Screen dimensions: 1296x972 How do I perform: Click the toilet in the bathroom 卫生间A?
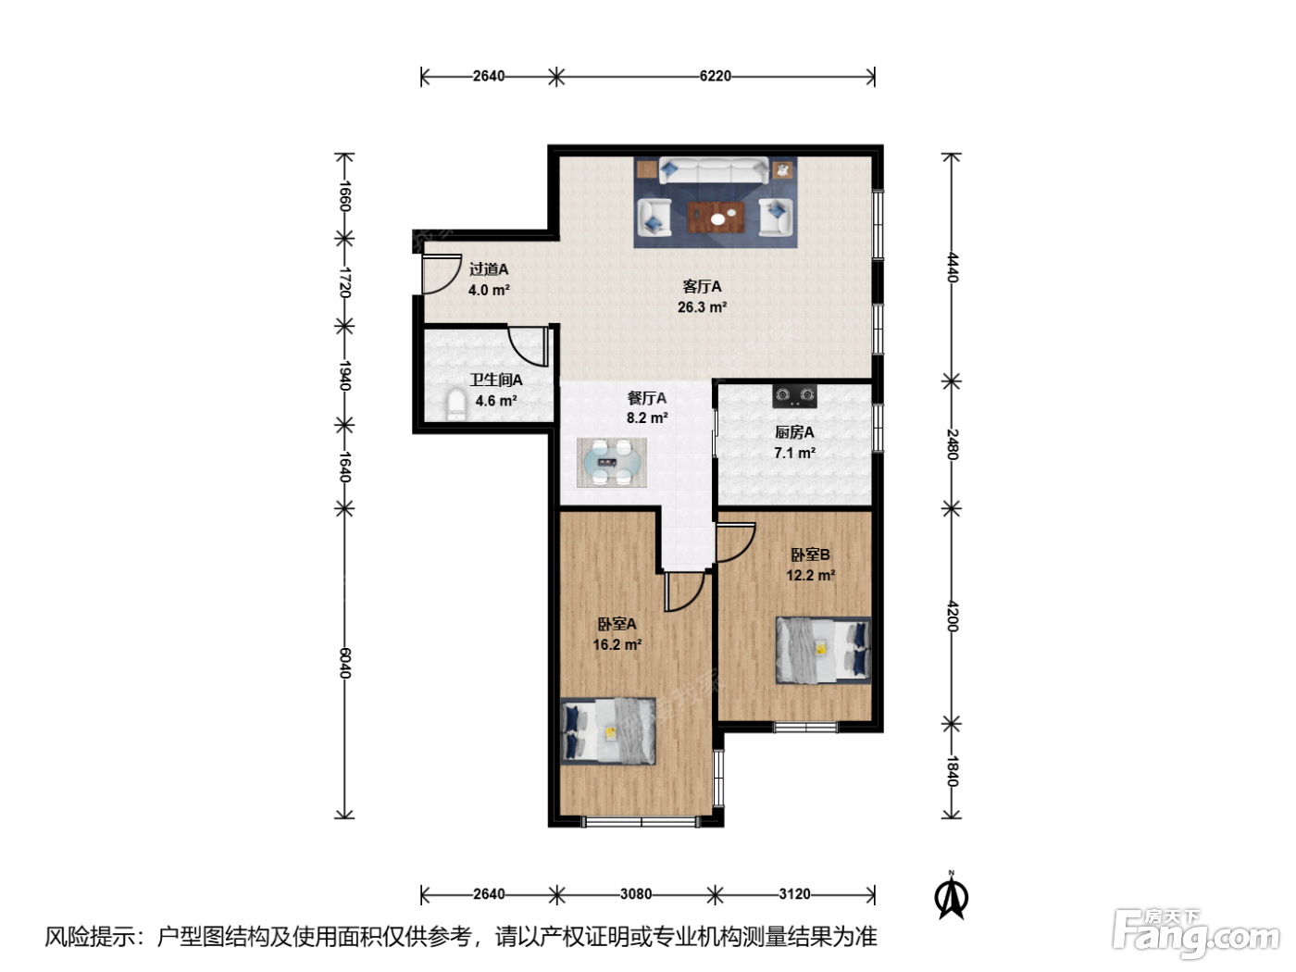click(x=455, y=404)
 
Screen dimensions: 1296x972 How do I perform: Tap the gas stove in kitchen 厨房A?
click(x=794, y=395)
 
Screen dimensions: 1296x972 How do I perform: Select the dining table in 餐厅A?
click(x=611, y=462)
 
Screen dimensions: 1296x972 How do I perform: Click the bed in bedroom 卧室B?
click(x=823, y=651)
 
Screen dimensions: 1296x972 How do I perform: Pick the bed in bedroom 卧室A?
click(x=607, y=731)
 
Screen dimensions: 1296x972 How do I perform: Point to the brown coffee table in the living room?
click(x=717, y=217)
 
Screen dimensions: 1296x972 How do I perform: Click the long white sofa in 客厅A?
click(x=714, y=170)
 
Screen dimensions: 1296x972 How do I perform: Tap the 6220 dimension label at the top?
click(x=715, y=76)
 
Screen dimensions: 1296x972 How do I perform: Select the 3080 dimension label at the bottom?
click(x=636, y=894)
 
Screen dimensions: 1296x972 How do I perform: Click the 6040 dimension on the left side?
click(x=345, y=663)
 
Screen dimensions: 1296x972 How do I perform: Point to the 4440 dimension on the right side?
click(x=952, y=268)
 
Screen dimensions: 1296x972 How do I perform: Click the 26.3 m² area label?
click(x=702, y=307)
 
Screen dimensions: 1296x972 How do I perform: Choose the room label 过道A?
click(x=488, y=269)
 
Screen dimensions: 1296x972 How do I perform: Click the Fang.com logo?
click(x=1196, y=933)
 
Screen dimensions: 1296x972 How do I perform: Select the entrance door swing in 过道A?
click(x=441, y=274)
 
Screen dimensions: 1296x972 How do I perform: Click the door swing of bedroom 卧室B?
click(x=736, y=542)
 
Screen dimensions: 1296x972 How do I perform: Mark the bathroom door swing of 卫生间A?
click(x=529, y=346)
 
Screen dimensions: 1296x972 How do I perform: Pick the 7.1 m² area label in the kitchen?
click(x=794, y=453)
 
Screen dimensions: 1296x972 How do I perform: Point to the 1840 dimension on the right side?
click(x=952, y=771)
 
